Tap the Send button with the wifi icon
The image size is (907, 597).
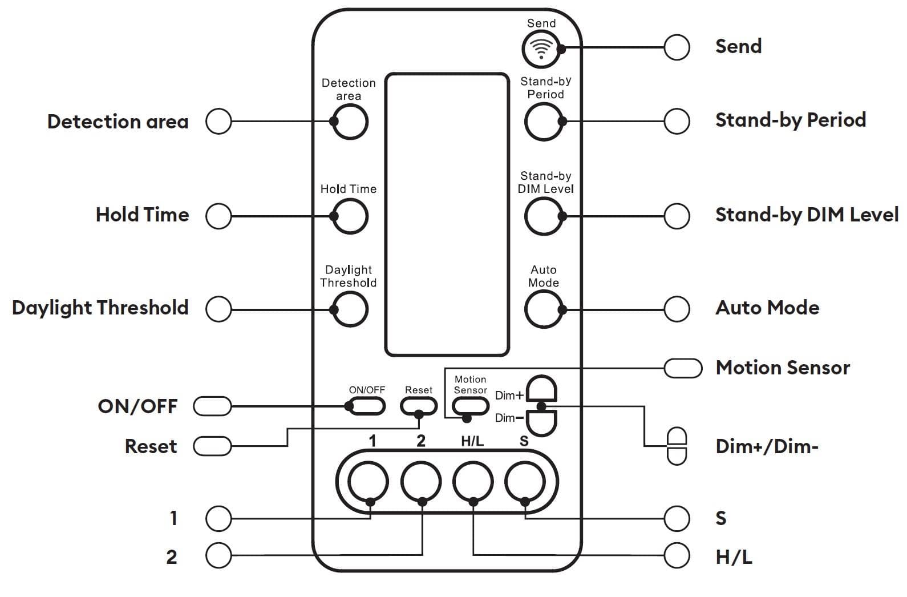click(541, 49)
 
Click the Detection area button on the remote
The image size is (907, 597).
click(350, 122)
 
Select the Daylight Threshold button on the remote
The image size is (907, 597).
click(350, 309)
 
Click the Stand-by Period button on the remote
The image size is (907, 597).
click(544, 122)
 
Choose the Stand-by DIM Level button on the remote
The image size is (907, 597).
click(544, 216)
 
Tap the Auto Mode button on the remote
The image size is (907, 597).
click(544, 309)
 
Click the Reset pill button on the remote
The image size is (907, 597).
click(419, 406)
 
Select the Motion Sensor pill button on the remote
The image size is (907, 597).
click(471, 406)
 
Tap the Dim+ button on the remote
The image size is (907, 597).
click(541, 389)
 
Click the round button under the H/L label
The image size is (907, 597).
click(473, 482)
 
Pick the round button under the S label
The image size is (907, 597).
click(525, 482)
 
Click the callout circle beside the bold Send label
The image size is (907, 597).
click(677, 47)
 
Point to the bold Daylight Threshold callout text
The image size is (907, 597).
click(100, 308)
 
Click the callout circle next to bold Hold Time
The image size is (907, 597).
click(218, 216)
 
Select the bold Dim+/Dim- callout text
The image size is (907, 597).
click(767, 446)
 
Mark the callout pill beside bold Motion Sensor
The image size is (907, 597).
click(683, 368)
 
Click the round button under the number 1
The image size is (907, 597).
click(369, 482)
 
